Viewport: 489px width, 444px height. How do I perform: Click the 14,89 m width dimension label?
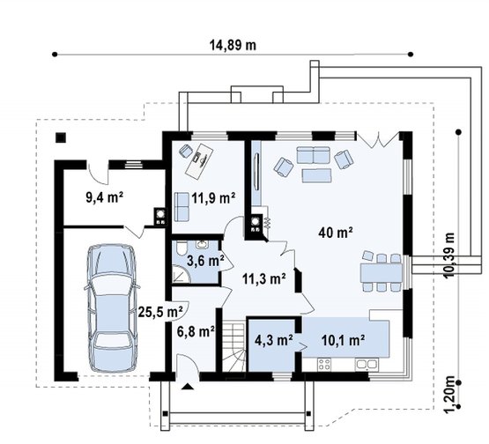tap(233, 46)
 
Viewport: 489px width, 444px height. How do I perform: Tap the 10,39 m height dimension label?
tap(449, 255)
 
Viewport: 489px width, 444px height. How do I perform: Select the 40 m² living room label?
tap(336, 233)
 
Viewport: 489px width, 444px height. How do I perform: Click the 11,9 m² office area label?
tap(213, 197)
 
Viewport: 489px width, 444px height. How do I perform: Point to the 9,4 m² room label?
tap(105, 197)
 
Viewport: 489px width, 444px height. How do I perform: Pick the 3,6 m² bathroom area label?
tap(205, 261)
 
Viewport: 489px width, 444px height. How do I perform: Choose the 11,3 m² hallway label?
tap(264, 278)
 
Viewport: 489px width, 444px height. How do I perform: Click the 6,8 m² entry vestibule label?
tap(196, 332)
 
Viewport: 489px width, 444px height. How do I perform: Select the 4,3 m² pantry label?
tap(273, 340)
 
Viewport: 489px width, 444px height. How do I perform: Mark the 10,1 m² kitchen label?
tap(344, 340)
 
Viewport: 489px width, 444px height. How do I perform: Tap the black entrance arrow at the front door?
tap(187, 387)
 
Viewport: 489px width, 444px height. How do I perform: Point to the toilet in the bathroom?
tap(181, 248)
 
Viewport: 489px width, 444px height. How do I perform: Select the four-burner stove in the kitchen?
tap(324, 364)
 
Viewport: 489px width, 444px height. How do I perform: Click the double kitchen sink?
tap(367, 364)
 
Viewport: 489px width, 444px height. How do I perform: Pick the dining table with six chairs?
tap(382, 272)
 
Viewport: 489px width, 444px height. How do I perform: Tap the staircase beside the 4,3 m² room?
tap(233, 347)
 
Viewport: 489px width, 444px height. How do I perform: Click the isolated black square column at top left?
tap(61, 137)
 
